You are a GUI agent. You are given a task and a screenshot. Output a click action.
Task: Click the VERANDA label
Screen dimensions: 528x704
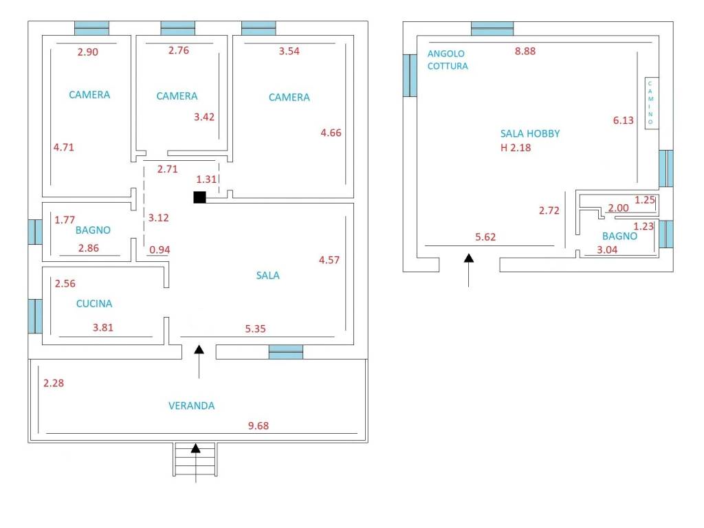pos(191,406)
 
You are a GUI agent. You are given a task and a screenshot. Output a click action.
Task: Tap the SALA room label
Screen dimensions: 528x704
pos(267,275)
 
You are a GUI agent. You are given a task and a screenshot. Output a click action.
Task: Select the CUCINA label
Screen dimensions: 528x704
pos(93,303)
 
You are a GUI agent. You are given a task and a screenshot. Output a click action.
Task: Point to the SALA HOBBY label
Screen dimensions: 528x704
pos(529,133)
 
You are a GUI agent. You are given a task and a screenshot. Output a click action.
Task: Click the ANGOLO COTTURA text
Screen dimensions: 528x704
pos(447,60)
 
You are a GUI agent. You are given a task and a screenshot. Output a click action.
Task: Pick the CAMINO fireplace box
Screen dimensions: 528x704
pos(650,102)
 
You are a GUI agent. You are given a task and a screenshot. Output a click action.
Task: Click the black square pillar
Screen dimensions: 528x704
pos(199,197)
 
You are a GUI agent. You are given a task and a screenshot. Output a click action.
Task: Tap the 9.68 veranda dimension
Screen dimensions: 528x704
pos(258,426)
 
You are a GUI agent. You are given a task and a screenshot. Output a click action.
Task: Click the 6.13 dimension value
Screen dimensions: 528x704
pos(624,120)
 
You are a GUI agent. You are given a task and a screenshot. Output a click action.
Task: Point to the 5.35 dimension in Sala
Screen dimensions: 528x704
pos(255,329)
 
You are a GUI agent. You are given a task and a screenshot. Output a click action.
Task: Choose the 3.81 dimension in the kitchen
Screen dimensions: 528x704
pos(102,327)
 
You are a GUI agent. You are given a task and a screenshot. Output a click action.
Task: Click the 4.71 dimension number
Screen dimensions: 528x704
pos(63,146)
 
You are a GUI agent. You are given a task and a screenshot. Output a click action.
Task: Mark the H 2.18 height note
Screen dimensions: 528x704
pos(516,147)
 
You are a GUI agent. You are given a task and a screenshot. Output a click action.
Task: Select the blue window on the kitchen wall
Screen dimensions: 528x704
pos(35,316)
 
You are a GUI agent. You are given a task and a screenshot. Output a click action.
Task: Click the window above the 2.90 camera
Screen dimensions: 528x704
pos(91,28)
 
